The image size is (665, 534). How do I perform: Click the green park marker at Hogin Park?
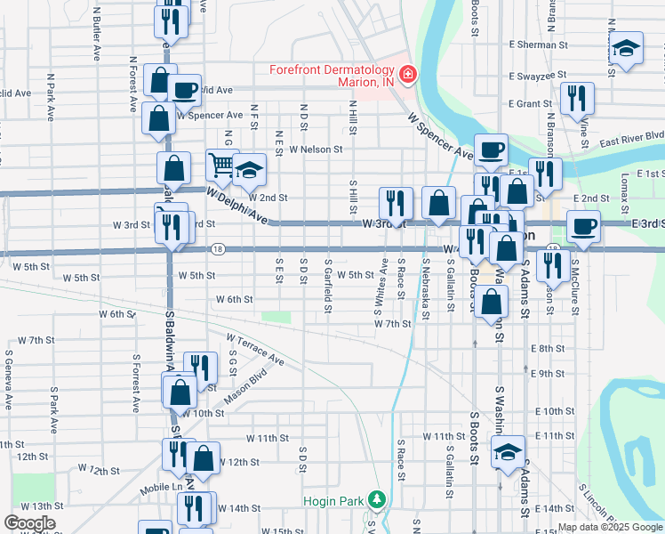pyautogui.click(x=378, y=499)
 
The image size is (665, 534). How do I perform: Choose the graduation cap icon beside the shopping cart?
pyautogui.click(x=250, y=168)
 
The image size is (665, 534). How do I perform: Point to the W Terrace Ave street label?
pyautogui.click(x=254, y=351)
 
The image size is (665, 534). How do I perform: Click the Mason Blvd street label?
pyautogui.click(x=245, y=389)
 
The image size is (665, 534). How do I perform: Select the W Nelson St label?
pyautogui.click(x=316, y=150)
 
